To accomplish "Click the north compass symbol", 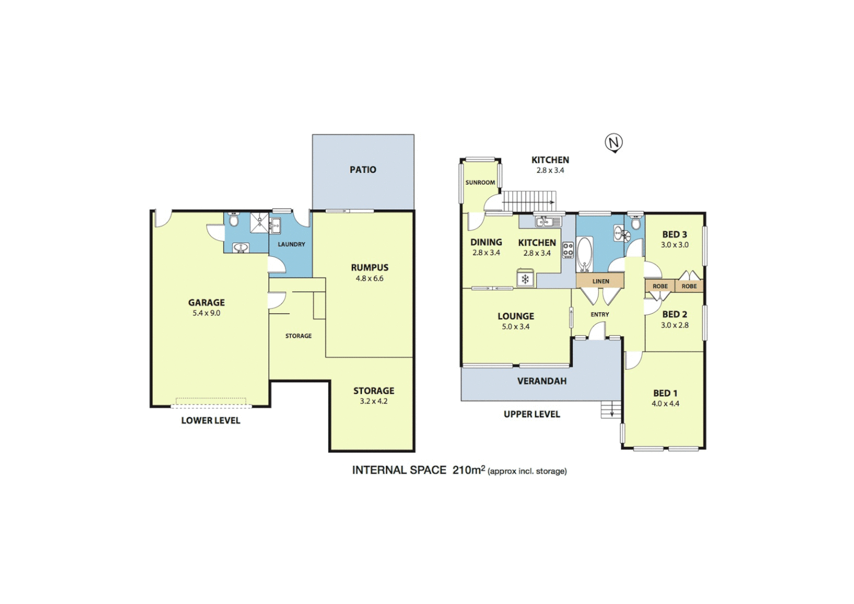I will (x=614, y=143).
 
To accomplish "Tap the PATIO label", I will (x=363, y=169).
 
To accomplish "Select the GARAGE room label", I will (x=206, y=303).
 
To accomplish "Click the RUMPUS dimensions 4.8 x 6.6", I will (x=370, y=279).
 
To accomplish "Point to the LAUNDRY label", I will (x=291, y=244).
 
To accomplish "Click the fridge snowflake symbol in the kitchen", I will (x=525, y=279).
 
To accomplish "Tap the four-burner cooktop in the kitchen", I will (x=568, y=250).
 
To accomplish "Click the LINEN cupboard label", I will (x=601, y=281).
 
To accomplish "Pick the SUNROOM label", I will (x=480, y=182).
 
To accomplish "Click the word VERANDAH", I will (x=541, y=381).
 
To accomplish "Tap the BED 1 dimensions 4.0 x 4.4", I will (x=665, y=404).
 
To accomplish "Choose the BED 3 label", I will (x=674, y=234).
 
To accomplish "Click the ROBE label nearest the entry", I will (x=660, y=286).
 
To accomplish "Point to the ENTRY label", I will (x=600, y=315).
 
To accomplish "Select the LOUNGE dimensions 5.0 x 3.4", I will (x=515, y=327).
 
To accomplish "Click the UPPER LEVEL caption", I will (x=531, y=414).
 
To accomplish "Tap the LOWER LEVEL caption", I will (x=210, y=421).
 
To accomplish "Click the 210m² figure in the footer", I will (x=468, y=470).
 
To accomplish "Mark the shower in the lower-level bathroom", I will (x=259, y=222).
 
